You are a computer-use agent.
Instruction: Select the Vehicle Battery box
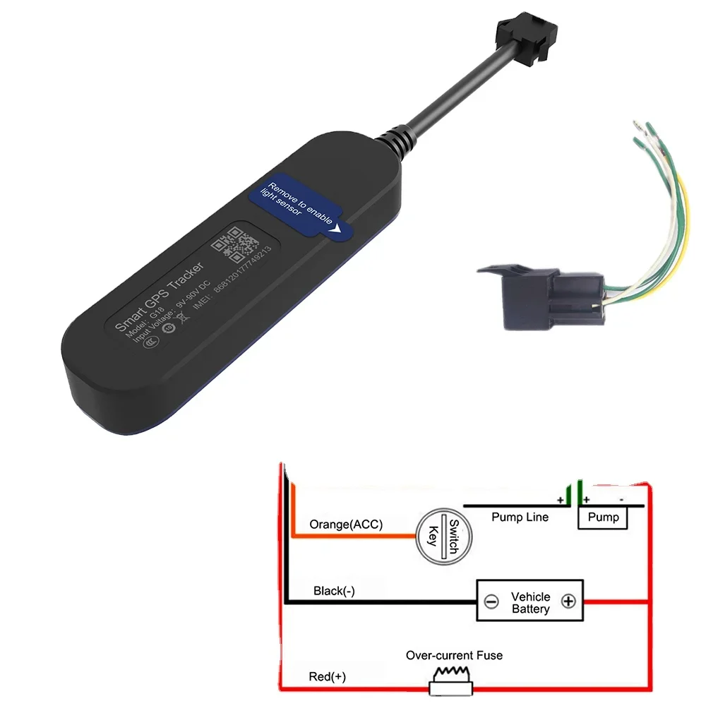(x=530, y=602)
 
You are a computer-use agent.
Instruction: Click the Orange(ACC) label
(x=346, y=525)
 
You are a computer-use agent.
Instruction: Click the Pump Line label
(x=520, y=517)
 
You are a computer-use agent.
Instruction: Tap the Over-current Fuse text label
(x=454, y=655)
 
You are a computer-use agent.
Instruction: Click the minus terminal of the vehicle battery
(x=492, y=602)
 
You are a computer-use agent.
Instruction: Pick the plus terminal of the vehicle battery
(x=568, y=602)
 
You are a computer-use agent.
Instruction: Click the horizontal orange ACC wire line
(x=353, y=537)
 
